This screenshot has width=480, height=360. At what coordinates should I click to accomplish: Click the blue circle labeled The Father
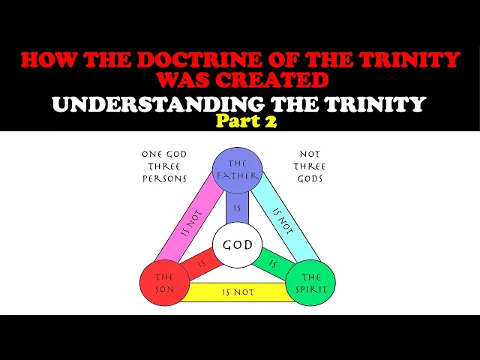point(237,169)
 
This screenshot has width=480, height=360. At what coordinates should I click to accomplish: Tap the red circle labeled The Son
point(164,282)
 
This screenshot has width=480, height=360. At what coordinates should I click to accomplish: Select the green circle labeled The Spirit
point(310,282)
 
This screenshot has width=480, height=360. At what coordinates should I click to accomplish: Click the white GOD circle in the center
point(237,245)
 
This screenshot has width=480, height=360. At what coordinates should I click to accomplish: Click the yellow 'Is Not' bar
point(237,292)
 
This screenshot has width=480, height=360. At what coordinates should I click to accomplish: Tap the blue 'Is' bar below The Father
point(237,208)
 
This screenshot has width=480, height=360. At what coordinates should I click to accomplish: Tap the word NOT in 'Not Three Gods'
point(308,154)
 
